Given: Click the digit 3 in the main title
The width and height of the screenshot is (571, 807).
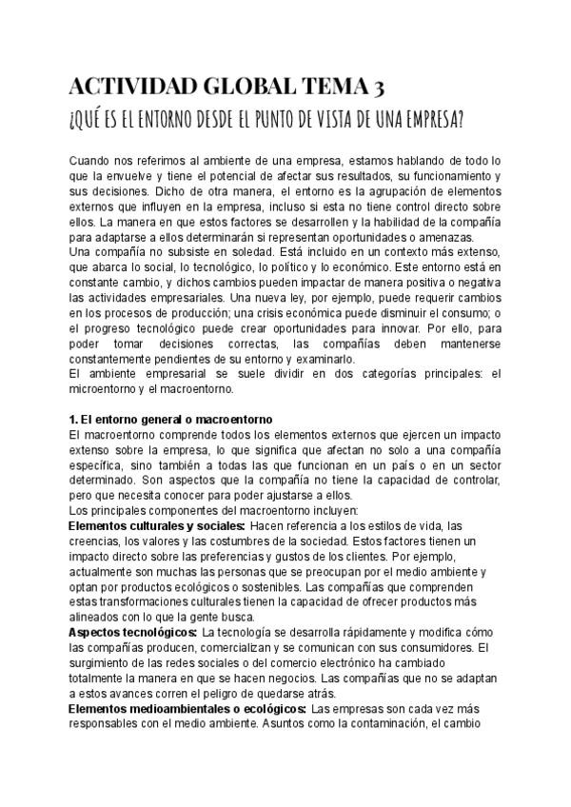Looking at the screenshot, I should [x=379, y=89].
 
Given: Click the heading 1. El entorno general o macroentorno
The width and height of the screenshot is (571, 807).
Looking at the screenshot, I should [x=171, y=419].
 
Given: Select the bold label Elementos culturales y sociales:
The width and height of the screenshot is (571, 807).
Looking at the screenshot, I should [x=158, y=525].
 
